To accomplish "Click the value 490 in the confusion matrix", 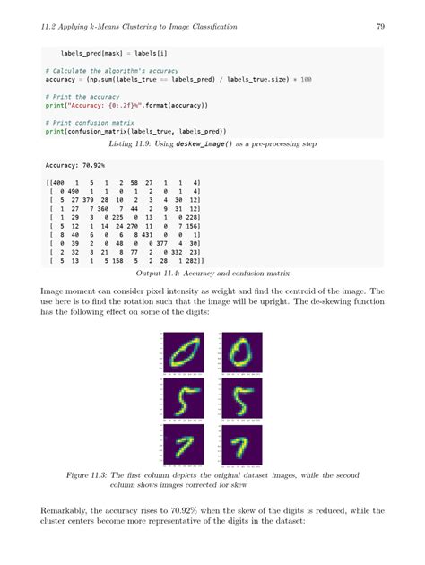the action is (x=71, y=191).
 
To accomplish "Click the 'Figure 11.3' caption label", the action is (x=90, y=474).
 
